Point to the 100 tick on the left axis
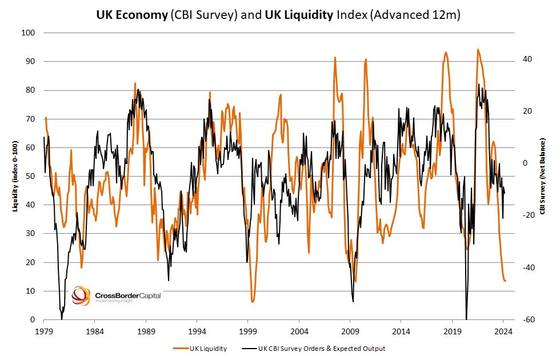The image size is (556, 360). [x=29, y=33]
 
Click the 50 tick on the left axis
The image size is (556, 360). [x=30, y=177]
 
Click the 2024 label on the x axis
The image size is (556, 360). [x=503, y=331]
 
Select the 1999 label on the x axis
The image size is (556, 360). [x=248, y=331]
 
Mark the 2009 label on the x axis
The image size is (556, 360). [x=350, y=331]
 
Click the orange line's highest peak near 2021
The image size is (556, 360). [x=478, y=50]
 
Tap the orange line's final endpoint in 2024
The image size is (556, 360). [x=505, y=281]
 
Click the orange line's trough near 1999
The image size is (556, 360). [x=252, y=301]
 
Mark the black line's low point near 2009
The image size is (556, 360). [x=353, y=301]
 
